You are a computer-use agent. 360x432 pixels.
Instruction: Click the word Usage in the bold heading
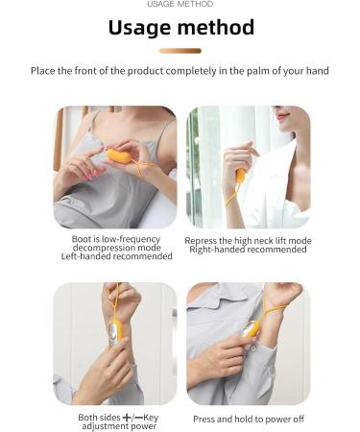click(140, 28)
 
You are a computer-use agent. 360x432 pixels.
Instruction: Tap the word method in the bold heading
click(216, 27)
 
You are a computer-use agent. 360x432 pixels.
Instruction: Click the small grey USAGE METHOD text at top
click(180, 4)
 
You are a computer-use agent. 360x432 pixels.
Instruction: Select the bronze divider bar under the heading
click(180, 51)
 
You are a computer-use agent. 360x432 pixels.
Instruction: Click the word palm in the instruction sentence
click(257, 71)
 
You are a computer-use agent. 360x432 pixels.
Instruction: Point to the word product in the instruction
click(146, 71)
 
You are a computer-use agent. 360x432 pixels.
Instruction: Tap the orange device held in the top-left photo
click(119, 156)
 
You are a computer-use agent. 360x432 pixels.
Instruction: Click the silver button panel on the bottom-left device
click(113, 335)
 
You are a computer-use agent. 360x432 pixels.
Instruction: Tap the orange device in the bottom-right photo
click(251, 329)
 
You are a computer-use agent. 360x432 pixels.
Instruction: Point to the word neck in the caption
click(265, 241)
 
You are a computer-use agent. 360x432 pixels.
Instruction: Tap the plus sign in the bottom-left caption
click(127, 418)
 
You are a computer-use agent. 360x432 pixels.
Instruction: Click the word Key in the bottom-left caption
click(151, 418)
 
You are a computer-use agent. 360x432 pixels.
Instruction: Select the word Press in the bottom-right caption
click(203, 420)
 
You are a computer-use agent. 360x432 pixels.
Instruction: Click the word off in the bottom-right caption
click(299, 419)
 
